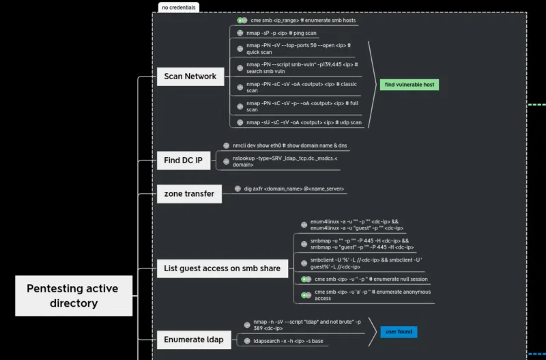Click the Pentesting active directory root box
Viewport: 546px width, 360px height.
(73, 296)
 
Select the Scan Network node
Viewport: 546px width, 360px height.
(190, 77)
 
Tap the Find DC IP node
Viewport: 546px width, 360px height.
(183, 161)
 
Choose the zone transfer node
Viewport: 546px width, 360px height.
(189, 194)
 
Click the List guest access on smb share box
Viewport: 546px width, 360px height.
(222, 268)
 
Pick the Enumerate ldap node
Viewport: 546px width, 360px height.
(193, 340)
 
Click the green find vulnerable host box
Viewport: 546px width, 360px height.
(409, 85)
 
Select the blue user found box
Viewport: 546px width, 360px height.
(399, 332)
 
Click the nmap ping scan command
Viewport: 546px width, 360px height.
(281, 33)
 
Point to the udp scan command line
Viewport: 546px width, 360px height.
(304, 123)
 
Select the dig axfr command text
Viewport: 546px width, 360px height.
(293, 189)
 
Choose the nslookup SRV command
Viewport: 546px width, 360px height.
(285, 161)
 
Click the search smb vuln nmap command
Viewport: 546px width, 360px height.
(302, 68)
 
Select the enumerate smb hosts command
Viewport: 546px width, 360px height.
(303, 20)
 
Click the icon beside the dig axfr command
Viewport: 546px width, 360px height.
(238, 189)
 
